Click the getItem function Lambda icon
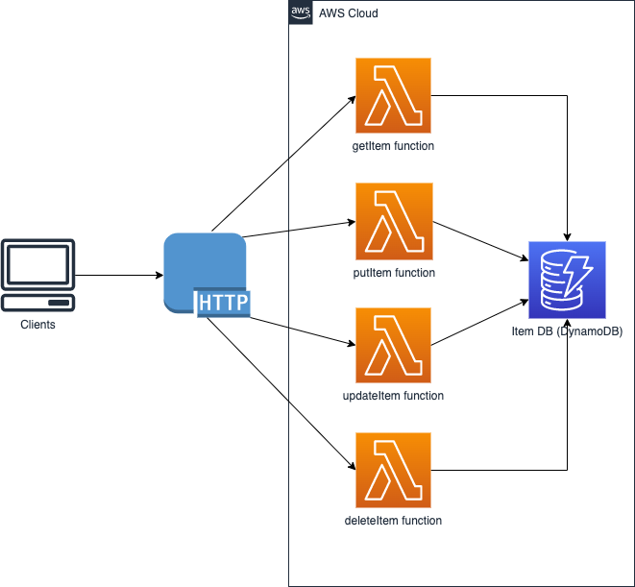tap(393, 95)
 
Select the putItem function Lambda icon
tap(393, 221)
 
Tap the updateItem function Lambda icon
tap(393, 346)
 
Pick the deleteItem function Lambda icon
tap(393, 471)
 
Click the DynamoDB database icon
tap(567, 279)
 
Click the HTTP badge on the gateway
tap(223, 304)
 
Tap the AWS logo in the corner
tap(301, 12)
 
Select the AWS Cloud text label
tap(348, 13)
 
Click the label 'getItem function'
tap(393, 146)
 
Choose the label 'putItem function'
tap(393, 273)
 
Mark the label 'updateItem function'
tap(393, 396)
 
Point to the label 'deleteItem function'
tap(393, 521)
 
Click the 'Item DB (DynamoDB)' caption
tap(567, 331)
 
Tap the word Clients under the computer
tap(38, 325)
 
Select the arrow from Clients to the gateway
tap(118, 276)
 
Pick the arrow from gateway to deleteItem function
tap(279, 394)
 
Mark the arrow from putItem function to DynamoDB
tap(480, 241)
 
